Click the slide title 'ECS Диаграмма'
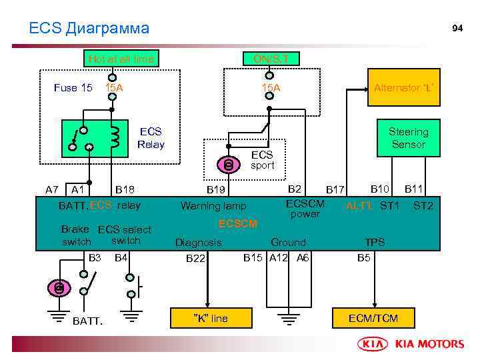coord(89,28)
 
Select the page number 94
coord(457,28)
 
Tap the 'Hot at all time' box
coord(121,59)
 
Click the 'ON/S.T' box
coord(271,59)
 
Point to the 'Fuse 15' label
coord(73,87)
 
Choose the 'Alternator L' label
coord(405,87)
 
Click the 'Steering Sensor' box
coord(409,138)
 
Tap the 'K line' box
coord(211,318)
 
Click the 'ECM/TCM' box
coord(373,318)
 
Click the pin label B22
coord(195,258)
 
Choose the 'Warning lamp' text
coord(213,206)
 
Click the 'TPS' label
coord(375,243)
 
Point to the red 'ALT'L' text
coord(359,206)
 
